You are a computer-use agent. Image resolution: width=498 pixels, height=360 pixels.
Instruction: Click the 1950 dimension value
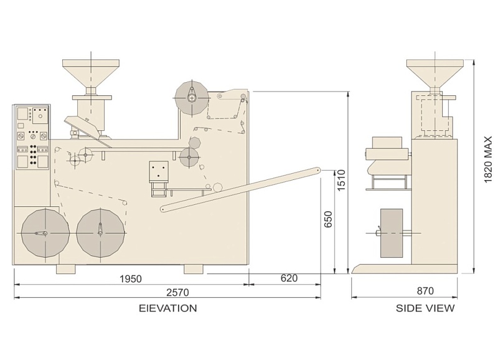point(130,278)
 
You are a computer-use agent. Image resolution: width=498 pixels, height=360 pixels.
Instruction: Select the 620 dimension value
point(289,278)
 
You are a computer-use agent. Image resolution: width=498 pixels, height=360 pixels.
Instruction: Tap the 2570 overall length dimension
point(178,292)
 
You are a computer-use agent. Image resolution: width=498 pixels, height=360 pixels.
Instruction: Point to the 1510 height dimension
point(341,180)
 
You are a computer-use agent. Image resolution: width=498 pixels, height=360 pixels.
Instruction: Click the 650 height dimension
point(328,219)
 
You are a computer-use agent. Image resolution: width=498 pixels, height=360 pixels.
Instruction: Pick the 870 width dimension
point(425,290)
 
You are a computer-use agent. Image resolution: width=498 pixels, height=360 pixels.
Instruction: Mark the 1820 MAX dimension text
point(488,159)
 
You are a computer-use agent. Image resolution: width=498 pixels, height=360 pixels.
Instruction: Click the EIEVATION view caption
point(167,308)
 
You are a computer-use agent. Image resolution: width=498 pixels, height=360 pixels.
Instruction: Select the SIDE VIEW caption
point(425,308)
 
